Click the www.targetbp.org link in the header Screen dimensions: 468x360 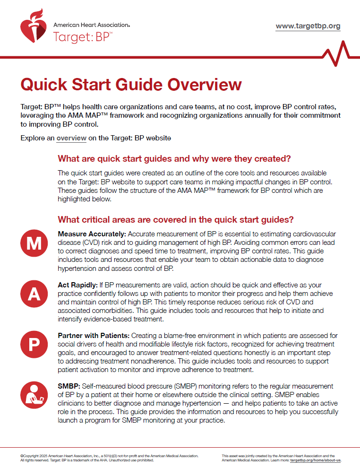308,26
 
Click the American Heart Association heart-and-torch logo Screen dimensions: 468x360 34,26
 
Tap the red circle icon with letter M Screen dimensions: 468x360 34,243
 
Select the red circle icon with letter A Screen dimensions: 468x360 34,293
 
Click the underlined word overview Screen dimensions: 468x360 71,139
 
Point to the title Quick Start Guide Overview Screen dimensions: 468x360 131,85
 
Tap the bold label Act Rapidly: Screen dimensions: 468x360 77,286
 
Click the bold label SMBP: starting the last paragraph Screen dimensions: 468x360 68,386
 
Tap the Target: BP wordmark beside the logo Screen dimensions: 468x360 83,36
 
